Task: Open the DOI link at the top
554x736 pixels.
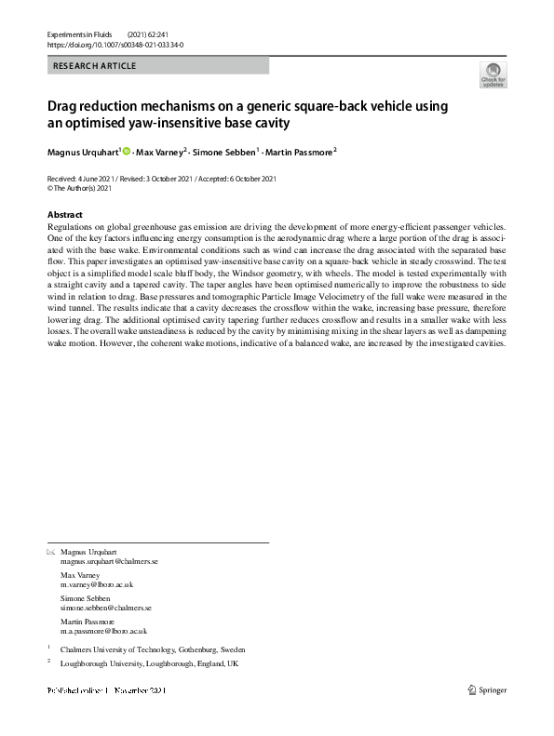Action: point(115,44)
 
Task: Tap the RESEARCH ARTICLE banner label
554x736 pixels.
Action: point(95,66)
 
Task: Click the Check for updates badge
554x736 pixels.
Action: point(493,75)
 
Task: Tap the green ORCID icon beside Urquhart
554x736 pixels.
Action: point(126,151)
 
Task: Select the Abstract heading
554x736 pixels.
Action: point(64,215)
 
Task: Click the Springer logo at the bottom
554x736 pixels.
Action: point(488,689)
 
